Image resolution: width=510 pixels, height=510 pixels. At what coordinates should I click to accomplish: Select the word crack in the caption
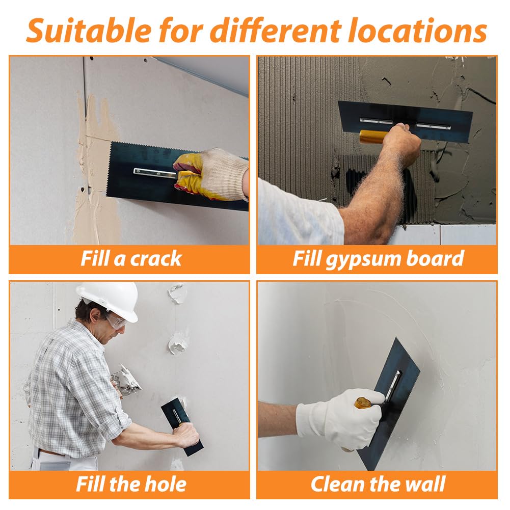(155, 259)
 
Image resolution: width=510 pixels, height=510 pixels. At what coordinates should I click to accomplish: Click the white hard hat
(109, 301)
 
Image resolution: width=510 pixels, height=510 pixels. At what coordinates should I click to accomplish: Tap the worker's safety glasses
(116, 321)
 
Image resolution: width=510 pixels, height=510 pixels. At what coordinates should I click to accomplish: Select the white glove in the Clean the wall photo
(340, 420)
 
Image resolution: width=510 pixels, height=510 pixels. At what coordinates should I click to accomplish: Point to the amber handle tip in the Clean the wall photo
(363, 404)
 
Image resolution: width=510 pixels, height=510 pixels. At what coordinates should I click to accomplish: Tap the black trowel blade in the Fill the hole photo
(182, 426)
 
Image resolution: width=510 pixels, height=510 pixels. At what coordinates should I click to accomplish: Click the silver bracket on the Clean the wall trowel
(393, 385)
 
